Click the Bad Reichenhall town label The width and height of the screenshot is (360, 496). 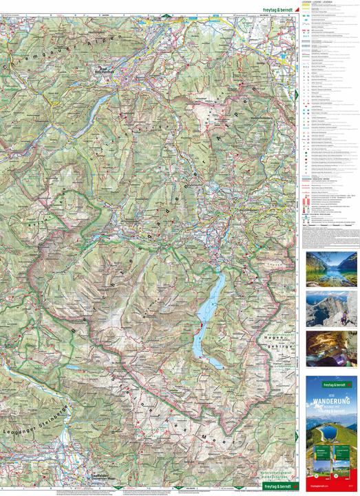[x=103, y=70]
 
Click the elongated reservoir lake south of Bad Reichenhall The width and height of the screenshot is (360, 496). [x=100, y=102]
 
